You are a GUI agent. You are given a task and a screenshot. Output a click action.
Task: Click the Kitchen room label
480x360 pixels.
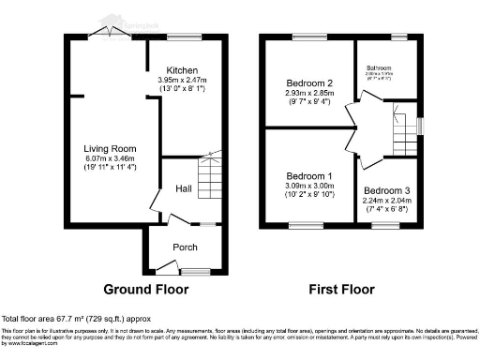[181, 70]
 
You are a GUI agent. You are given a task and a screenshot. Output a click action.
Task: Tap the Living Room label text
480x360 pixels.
[111, 148]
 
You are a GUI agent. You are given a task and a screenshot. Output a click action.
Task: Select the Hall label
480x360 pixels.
[184, 188]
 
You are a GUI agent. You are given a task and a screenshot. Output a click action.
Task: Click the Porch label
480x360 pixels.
[184, 247]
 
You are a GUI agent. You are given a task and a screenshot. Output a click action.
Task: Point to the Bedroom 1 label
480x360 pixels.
[308, 177]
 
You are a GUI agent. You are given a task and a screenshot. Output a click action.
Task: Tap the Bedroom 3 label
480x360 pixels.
[386, 188]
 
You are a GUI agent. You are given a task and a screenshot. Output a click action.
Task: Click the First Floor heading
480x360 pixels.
[342, 288]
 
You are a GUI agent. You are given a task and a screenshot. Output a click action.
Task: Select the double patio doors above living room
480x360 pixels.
[112, 35]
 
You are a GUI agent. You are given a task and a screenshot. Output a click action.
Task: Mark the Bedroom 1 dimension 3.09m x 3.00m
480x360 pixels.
[308, 187]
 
